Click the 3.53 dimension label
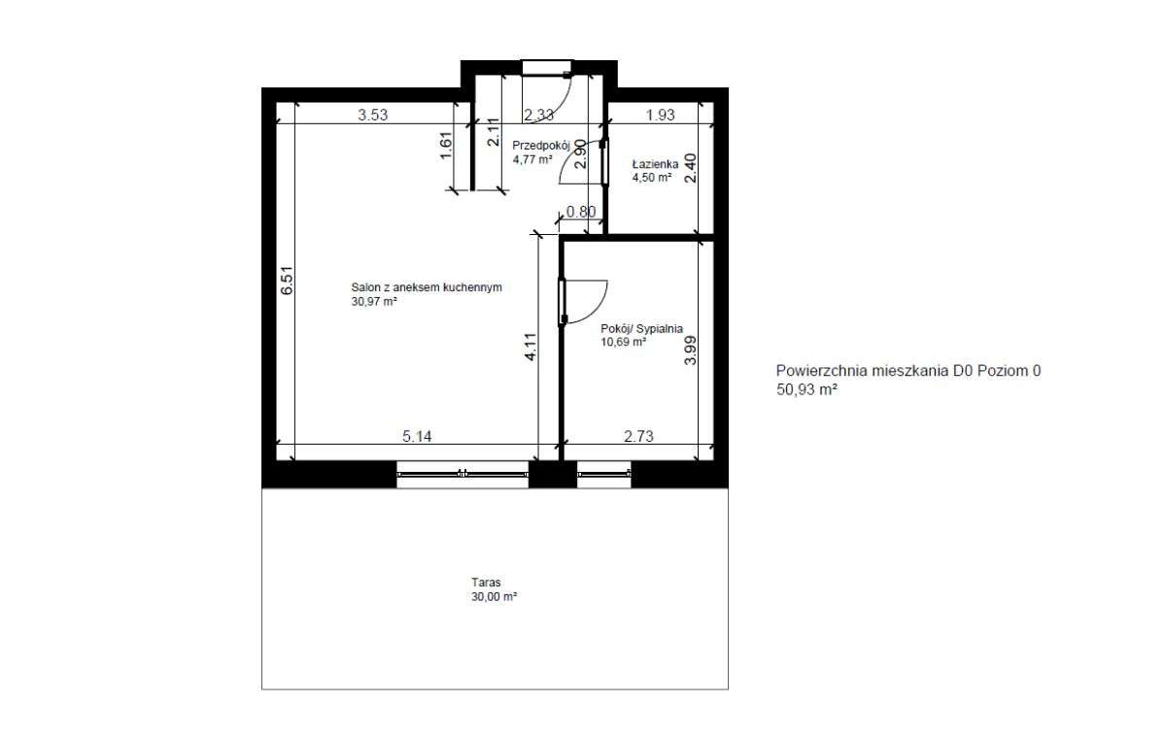[x=373, y=115]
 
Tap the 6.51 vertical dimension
[x=286, y=282]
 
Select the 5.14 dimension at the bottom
[x=417, y=436]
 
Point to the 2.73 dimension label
[x=637, y=436]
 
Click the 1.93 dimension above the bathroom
[x=660, y=115]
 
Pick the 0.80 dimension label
[x=581, y=212]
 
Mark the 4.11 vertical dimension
[x=530, y=346]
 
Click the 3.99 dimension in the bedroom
[x=690, y=350]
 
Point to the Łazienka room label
[x=655, y=164]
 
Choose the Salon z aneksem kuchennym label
[x=427, y=287]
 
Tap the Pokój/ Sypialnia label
[x=642, y=328]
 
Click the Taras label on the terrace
[x=485, y=584]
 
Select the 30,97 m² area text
[x=375, y=302]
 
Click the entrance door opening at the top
[x=546, y=67]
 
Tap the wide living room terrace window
[x=463, y=474]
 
